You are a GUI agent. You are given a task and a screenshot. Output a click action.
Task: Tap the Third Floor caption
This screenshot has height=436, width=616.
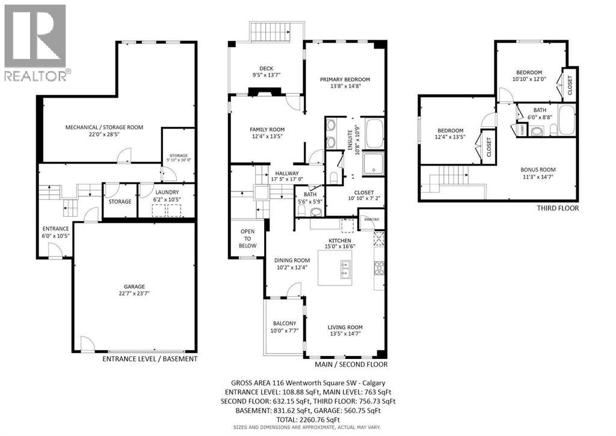coord(558,208)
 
